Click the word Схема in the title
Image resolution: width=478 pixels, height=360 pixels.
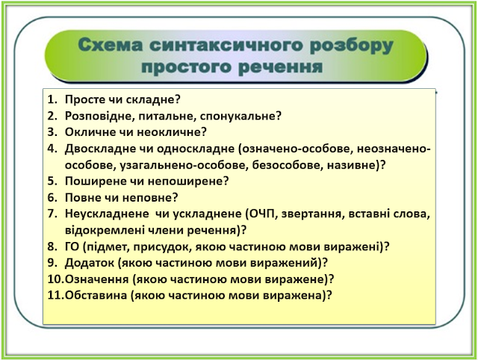coord(111,45)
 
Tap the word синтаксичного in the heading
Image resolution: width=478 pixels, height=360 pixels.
coord(226,45)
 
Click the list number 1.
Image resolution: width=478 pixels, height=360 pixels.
coord(52,99)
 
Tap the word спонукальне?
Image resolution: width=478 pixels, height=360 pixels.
coord(240,116)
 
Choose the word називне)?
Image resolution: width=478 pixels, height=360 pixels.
coord(356,165)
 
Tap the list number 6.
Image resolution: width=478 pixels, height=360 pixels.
coord(52,197)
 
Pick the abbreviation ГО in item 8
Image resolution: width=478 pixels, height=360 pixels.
coord(72,246)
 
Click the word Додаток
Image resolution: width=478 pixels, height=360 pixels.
coord(90,263)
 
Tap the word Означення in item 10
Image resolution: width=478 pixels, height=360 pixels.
coord(96,279)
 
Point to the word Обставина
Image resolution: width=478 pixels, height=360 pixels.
coord(96,295)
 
